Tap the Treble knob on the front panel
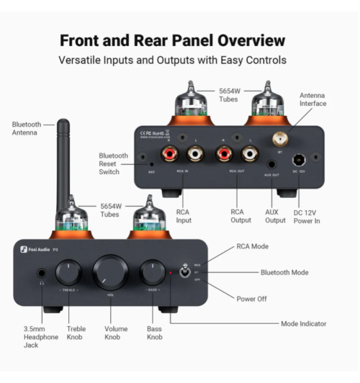(x=68, y=274)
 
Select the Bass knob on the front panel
(x=153, y=274)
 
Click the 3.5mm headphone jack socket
(x=41, y=274)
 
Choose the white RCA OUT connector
(x=249, y=153)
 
